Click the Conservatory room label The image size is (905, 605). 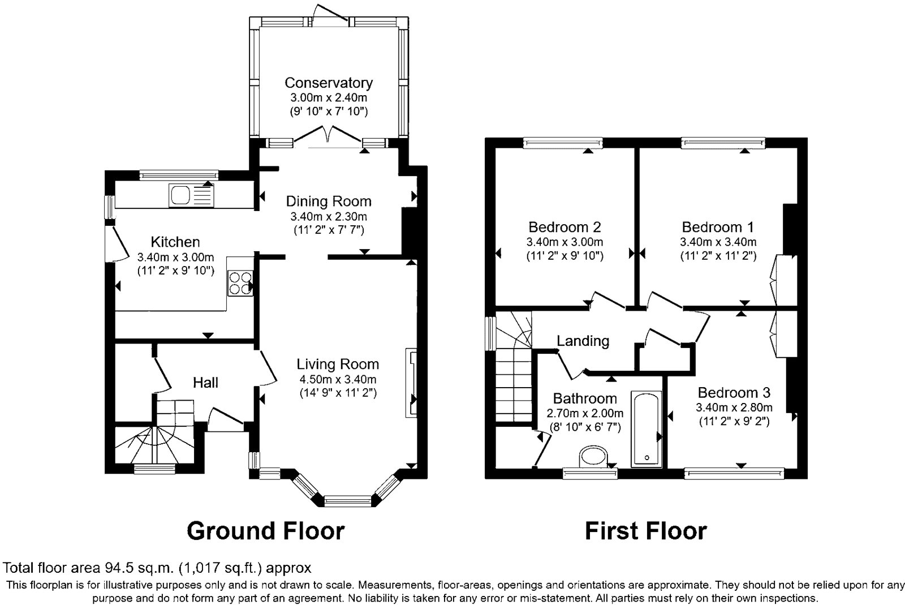328,83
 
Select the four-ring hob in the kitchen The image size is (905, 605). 239,283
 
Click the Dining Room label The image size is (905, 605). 328,201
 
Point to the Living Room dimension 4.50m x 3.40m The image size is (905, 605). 338,379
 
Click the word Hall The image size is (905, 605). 205,383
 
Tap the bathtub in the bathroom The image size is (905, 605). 646,428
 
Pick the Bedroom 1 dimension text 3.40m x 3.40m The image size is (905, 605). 718,242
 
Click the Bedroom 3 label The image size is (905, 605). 734,393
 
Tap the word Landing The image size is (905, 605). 583,341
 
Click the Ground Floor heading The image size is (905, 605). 265,531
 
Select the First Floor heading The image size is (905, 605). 645,531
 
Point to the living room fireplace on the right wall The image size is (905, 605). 411,383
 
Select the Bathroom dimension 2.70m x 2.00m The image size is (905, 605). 585,413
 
